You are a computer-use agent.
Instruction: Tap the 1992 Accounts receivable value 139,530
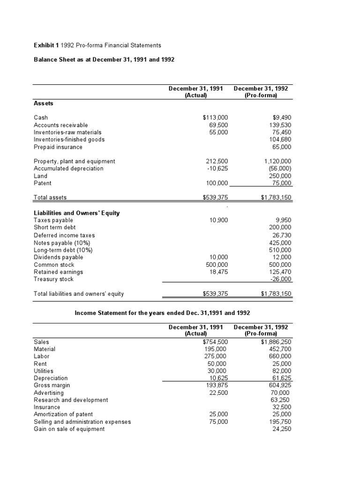tap(279, 125)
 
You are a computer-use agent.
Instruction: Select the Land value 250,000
tap(280, 176)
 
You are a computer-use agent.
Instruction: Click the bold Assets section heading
tap(44, 103)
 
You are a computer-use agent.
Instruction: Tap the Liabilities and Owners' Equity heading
tap(76, 213)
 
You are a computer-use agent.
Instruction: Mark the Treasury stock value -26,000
tap(281, 279)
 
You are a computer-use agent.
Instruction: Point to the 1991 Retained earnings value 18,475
tap(218, 272)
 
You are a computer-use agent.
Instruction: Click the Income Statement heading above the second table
tap(162, 312)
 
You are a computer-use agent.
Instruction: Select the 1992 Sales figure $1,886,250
tap(277, 342)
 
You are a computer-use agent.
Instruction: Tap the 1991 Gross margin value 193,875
tap(217, 385)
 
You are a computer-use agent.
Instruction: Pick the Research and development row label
tap(71, 400)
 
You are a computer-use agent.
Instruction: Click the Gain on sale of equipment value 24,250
tap(282, 429)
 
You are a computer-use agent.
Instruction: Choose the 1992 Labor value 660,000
tap(280, 356)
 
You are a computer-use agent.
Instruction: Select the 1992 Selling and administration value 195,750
tap(280, 421)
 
